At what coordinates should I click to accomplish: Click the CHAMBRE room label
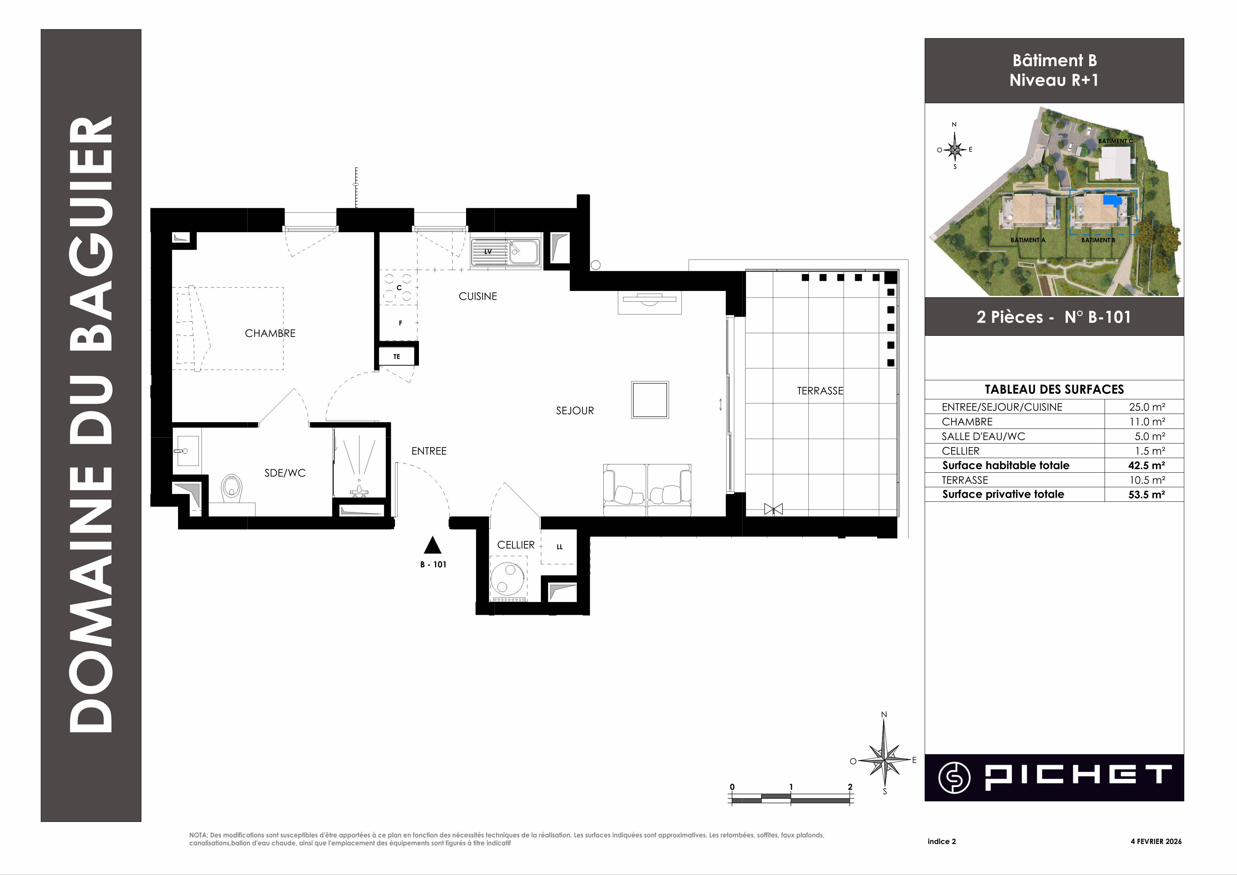point(270,334)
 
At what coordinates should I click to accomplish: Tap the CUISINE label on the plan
point(478,296)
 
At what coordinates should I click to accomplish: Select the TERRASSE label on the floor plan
point(820,391)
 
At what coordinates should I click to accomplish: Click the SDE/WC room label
point(285,473)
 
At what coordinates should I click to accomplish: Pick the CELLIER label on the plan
point(516,545)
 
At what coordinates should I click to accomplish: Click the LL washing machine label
point(560,547)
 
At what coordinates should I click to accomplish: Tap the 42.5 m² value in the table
point(1146,466)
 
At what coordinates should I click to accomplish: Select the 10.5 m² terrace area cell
point(1147,480)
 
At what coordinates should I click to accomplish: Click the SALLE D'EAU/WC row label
point(983,436)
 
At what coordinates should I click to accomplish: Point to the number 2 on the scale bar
point(850,787)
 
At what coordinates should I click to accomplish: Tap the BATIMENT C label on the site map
point(1115,141)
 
